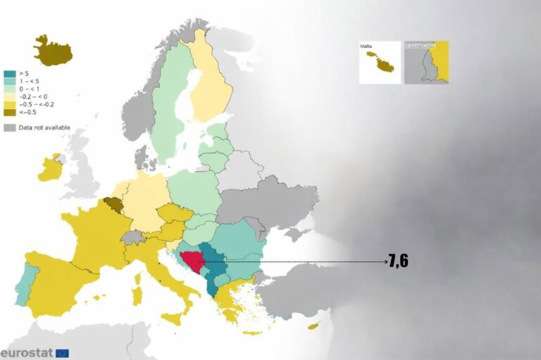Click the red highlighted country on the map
pos(191,261)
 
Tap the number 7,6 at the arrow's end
pos(398,261)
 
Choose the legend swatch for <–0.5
pos(9,113)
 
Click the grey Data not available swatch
pos(9,128)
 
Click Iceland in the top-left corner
pos(54,51)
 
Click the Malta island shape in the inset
pos(385,66)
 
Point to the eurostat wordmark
pos(26,352)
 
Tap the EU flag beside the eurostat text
pos(63,352)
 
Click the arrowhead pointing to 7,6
pos(385,261)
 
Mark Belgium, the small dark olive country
pos(112,205)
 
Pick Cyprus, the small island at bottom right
pos(315,326)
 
